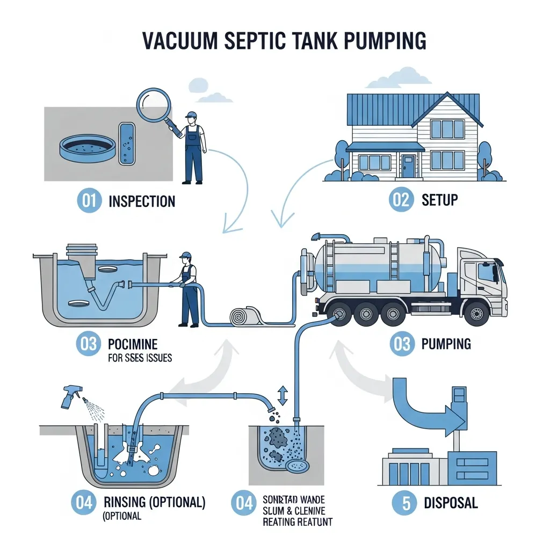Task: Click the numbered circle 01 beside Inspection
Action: pyautogui.click(x=89, y=201)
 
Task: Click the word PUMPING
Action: pyautogui.click(x=446, y=343)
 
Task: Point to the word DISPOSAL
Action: pyautogui.click(x=451, y=503)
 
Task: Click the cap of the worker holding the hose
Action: pyautogui.click(x=186, y=255)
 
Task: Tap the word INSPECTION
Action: pyautogui.click(x=142, y=201)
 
